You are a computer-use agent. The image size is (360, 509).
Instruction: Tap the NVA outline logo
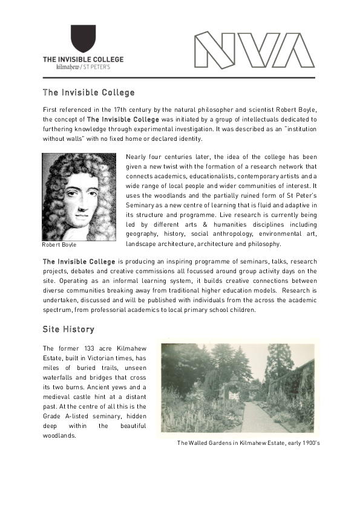point(254,50)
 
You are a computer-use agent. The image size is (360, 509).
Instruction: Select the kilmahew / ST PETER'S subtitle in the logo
point(83,67)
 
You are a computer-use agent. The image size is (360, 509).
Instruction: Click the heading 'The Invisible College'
point(88,93)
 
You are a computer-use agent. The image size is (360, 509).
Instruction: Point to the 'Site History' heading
point(68,329)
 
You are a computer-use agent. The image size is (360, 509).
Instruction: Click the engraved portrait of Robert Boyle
point(80,197)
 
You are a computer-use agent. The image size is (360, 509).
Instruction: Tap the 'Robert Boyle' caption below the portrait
point(59,245)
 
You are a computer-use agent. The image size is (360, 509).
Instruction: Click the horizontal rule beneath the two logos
point(179,78)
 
